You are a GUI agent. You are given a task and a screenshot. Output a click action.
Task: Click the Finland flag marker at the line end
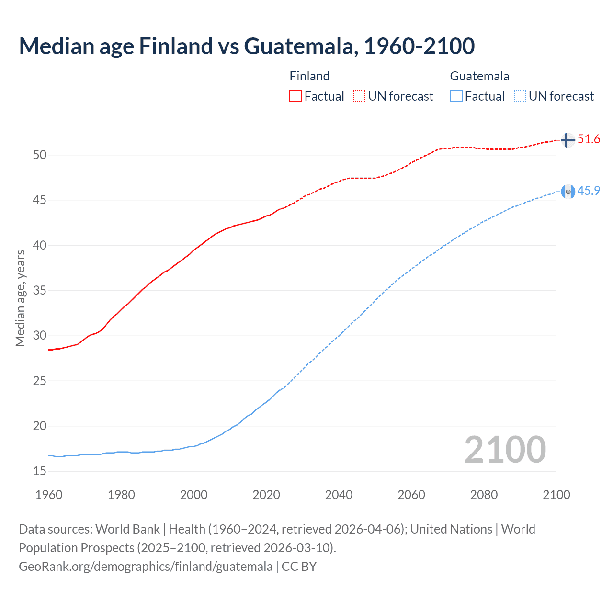click(568, 140)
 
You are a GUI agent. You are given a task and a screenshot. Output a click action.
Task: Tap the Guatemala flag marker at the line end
click(568, 192)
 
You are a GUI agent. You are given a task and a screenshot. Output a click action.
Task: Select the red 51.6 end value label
click(589, 139)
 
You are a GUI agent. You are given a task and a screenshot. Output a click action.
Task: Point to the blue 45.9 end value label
click(589, 191)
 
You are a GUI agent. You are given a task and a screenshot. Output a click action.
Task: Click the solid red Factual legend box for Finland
click(295, 96)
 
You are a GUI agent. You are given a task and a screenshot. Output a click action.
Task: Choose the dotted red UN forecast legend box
click(359, 96)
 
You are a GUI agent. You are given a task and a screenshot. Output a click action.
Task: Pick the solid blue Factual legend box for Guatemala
click(456, 96)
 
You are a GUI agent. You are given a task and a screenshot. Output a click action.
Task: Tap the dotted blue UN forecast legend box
click(520, 96)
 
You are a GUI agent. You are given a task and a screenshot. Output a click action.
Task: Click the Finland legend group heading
click(309, 76)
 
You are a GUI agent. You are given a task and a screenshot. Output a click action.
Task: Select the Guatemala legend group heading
click(479, 76)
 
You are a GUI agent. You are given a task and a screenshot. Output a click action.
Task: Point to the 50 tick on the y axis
click(40, 155)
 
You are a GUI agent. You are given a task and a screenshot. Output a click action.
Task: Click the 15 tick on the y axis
click(40, 471)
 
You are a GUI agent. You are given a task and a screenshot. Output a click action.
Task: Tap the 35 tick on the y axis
click(40, 291)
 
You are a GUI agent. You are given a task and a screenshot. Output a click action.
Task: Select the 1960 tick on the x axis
click(49, 495)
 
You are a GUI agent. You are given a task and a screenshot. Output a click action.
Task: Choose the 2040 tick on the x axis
click(339, 495)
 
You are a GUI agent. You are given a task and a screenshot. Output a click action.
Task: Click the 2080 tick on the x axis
click(484, 495)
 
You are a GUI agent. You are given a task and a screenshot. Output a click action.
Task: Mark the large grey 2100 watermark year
click(505, 449)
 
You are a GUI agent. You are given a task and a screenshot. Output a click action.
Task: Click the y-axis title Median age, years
click(20, 298)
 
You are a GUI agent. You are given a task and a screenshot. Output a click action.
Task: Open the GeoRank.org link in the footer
click(146, 567)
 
